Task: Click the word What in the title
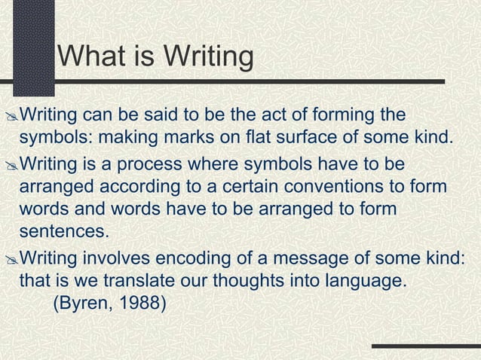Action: pyautogui.click(x=91, y=56)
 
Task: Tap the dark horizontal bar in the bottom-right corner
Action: pyautogui.click(x=425, y=348)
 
